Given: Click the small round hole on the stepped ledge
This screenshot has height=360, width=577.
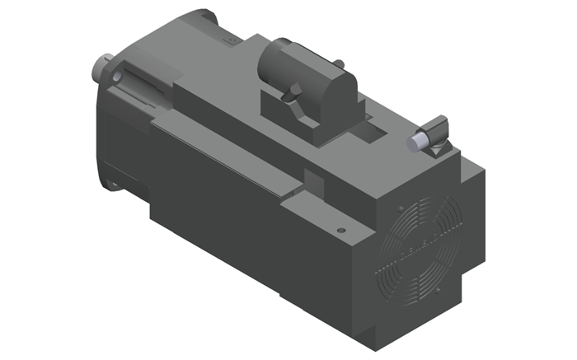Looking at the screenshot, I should pos(340,230).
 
